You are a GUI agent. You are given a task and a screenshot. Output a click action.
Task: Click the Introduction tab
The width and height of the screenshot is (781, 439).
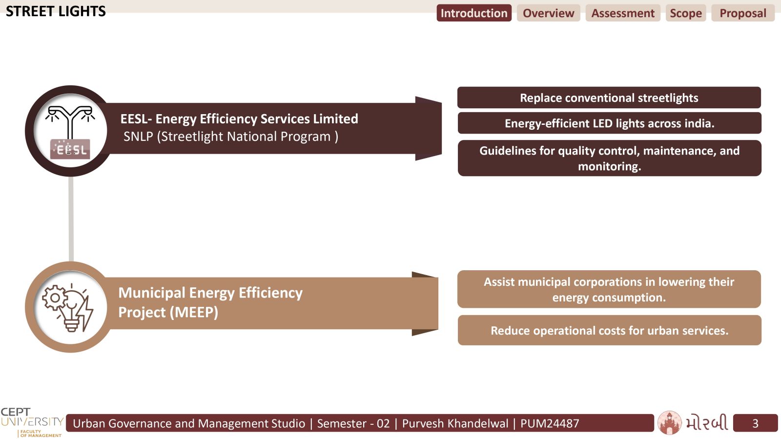(x=474, y=13)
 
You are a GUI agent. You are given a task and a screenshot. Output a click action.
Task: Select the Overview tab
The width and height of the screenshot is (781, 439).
(x=549, y=13)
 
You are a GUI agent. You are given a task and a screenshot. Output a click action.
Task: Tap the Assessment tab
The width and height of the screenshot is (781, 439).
(x=623, y=13)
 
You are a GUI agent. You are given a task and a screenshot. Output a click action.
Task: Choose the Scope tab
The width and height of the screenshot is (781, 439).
(x=686, y=13)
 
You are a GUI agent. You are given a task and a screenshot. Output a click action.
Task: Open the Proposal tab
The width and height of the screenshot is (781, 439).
(x=743, y=13)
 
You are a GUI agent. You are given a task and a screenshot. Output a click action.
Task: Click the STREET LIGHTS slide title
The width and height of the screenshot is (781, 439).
(x=56, y=12)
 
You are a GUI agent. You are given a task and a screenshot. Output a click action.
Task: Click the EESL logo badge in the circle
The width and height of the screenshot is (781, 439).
(x=70, y=149)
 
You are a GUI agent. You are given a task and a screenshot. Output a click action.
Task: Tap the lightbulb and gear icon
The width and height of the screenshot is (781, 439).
(x=68, y=308)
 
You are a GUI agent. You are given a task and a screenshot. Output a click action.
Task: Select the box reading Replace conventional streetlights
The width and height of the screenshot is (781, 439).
(x=609, y=98)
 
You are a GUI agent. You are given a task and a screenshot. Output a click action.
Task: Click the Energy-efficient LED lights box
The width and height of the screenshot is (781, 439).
(x=610, y=123)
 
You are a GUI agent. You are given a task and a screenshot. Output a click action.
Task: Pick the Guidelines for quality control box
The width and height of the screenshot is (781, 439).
(x=610, y=158)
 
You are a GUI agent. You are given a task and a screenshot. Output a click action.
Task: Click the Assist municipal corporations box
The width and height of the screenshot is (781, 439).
(x=609, y=289)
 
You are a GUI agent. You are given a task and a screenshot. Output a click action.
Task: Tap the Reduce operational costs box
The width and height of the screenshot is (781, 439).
(x=610, y=330)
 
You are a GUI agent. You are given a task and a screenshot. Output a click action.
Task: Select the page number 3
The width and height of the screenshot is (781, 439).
(x=755, y=423)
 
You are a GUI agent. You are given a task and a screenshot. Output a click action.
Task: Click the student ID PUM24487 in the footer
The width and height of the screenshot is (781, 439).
(x=550, y=423)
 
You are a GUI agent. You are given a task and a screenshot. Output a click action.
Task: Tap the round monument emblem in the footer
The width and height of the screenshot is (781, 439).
(x=669, y=422)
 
